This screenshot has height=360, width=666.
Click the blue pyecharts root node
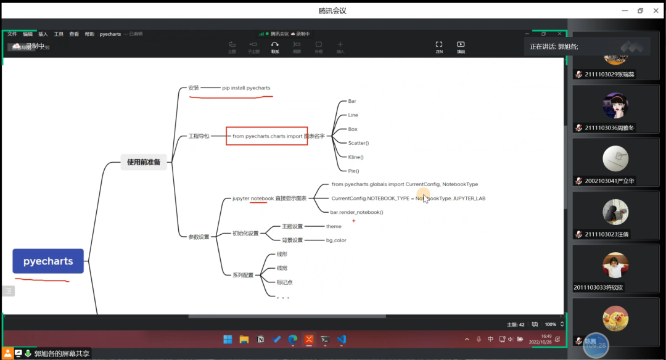coord(48,261)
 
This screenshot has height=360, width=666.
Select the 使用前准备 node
coord(144,162)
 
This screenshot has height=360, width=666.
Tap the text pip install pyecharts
coord(246,88)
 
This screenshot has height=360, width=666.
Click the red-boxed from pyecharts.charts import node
coord(266,136)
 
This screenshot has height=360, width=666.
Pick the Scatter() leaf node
coord(358,143)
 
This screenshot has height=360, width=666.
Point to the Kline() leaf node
coord(356,157)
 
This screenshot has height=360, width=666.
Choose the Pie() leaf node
coord(353,171)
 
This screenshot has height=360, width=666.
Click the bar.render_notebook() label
coord(357,212)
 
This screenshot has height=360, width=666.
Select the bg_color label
coord(336,240)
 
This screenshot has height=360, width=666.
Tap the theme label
coord(334,226)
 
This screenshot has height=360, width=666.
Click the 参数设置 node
coord(199,237)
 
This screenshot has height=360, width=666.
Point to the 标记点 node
coord(284,282)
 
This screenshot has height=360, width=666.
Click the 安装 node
coord(194,88)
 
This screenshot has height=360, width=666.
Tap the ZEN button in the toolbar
coord(439,46)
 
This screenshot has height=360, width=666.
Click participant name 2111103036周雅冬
coord(609,128)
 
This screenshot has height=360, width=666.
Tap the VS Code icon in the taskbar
coord(342,339)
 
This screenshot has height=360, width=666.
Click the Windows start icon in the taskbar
coord(227,339)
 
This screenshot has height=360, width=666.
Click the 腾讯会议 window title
coord(332,10)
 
